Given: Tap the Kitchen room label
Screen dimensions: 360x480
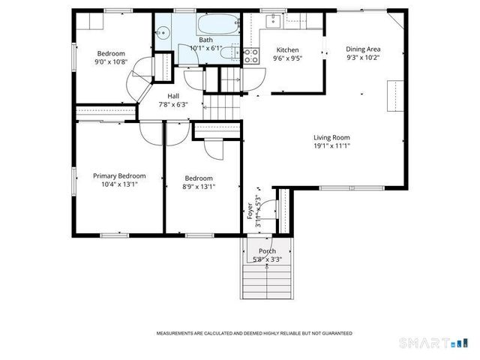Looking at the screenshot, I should tap(286, 49).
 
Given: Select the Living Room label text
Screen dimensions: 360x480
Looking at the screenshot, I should tap(331, 137).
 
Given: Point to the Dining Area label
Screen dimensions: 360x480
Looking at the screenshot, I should tap(362, 49).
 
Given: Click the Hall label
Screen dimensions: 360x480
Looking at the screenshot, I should tap(173, 96).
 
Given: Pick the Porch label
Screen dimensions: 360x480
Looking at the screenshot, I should tap(267, 251).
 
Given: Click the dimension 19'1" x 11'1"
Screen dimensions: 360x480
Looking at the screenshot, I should tap(331, 146).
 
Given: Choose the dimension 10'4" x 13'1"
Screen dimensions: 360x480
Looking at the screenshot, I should tap(115, 184).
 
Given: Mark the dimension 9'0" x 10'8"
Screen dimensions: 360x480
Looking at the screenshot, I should tap(111, 62).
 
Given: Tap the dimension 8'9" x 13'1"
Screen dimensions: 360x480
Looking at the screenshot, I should tap(199, 187).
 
